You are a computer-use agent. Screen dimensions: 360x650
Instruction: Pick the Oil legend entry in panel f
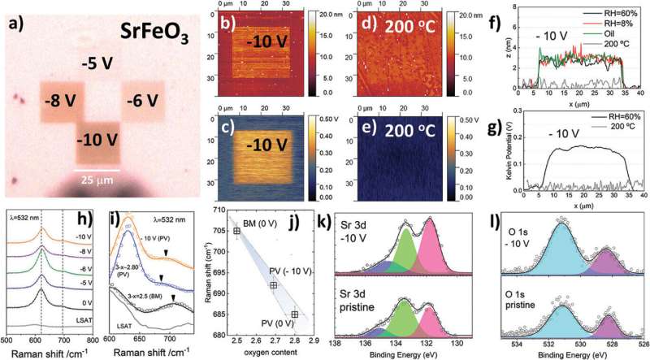pyautogui.click(x=604, y=34)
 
